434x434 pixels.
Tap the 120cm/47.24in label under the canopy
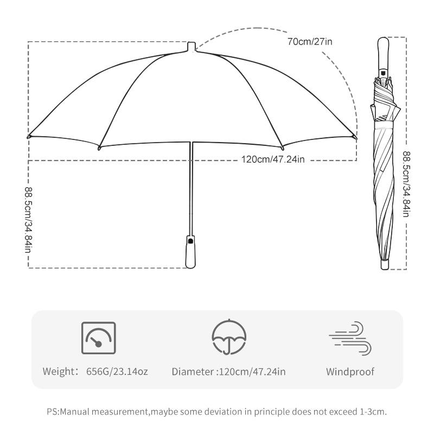[x=274, y=159]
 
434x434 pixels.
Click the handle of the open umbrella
[x=190, y=252]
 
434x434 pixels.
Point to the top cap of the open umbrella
[x=191, y=46]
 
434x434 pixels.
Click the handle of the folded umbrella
[x=383, y=54]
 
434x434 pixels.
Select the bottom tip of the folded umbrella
[x=384, y=264]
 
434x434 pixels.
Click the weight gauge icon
[x=98, y=339]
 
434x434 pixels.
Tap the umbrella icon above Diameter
[x=228, y=338]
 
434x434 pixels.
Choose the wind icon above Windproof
[x=350, y=339]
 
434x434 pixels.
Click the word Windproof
[x=350, y=372]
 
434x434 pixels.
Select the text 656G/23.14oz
[x=117, y=372]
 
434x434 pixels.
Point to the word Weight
[x=59, y=372]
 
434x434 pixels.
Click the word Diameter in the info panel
[x=193, y=372]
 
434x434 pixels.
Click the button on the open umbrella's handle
[x=190, y=240]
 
